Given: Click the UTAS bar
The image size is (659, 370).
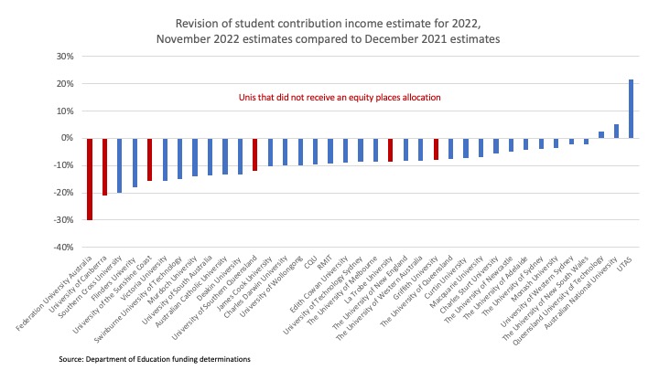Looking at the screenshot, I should (631, 109).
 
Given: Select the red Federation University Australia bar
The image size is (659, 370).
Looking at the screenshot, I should (90, 179).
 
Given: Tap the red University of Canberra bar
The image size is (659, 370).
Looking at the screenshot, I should (104, 166).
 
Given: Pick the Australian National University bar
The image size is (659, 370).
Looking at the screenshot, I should (616, 131).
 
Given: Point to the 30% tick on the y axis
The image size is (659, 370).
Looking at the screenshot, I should (63, 56).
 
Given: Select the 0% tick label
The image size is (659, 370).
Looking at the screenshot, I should (66, 138).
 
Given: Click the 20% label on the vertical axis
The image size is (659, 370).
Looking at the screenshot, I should (63, 83).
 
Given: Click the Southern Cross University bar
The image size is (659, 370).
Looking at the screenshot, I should (120, 165).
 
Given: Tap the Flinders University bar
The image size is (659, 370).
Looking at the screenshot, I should (135, 163).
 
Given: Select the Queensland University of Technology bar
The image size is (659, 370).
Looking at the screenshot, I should (601, 134).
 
